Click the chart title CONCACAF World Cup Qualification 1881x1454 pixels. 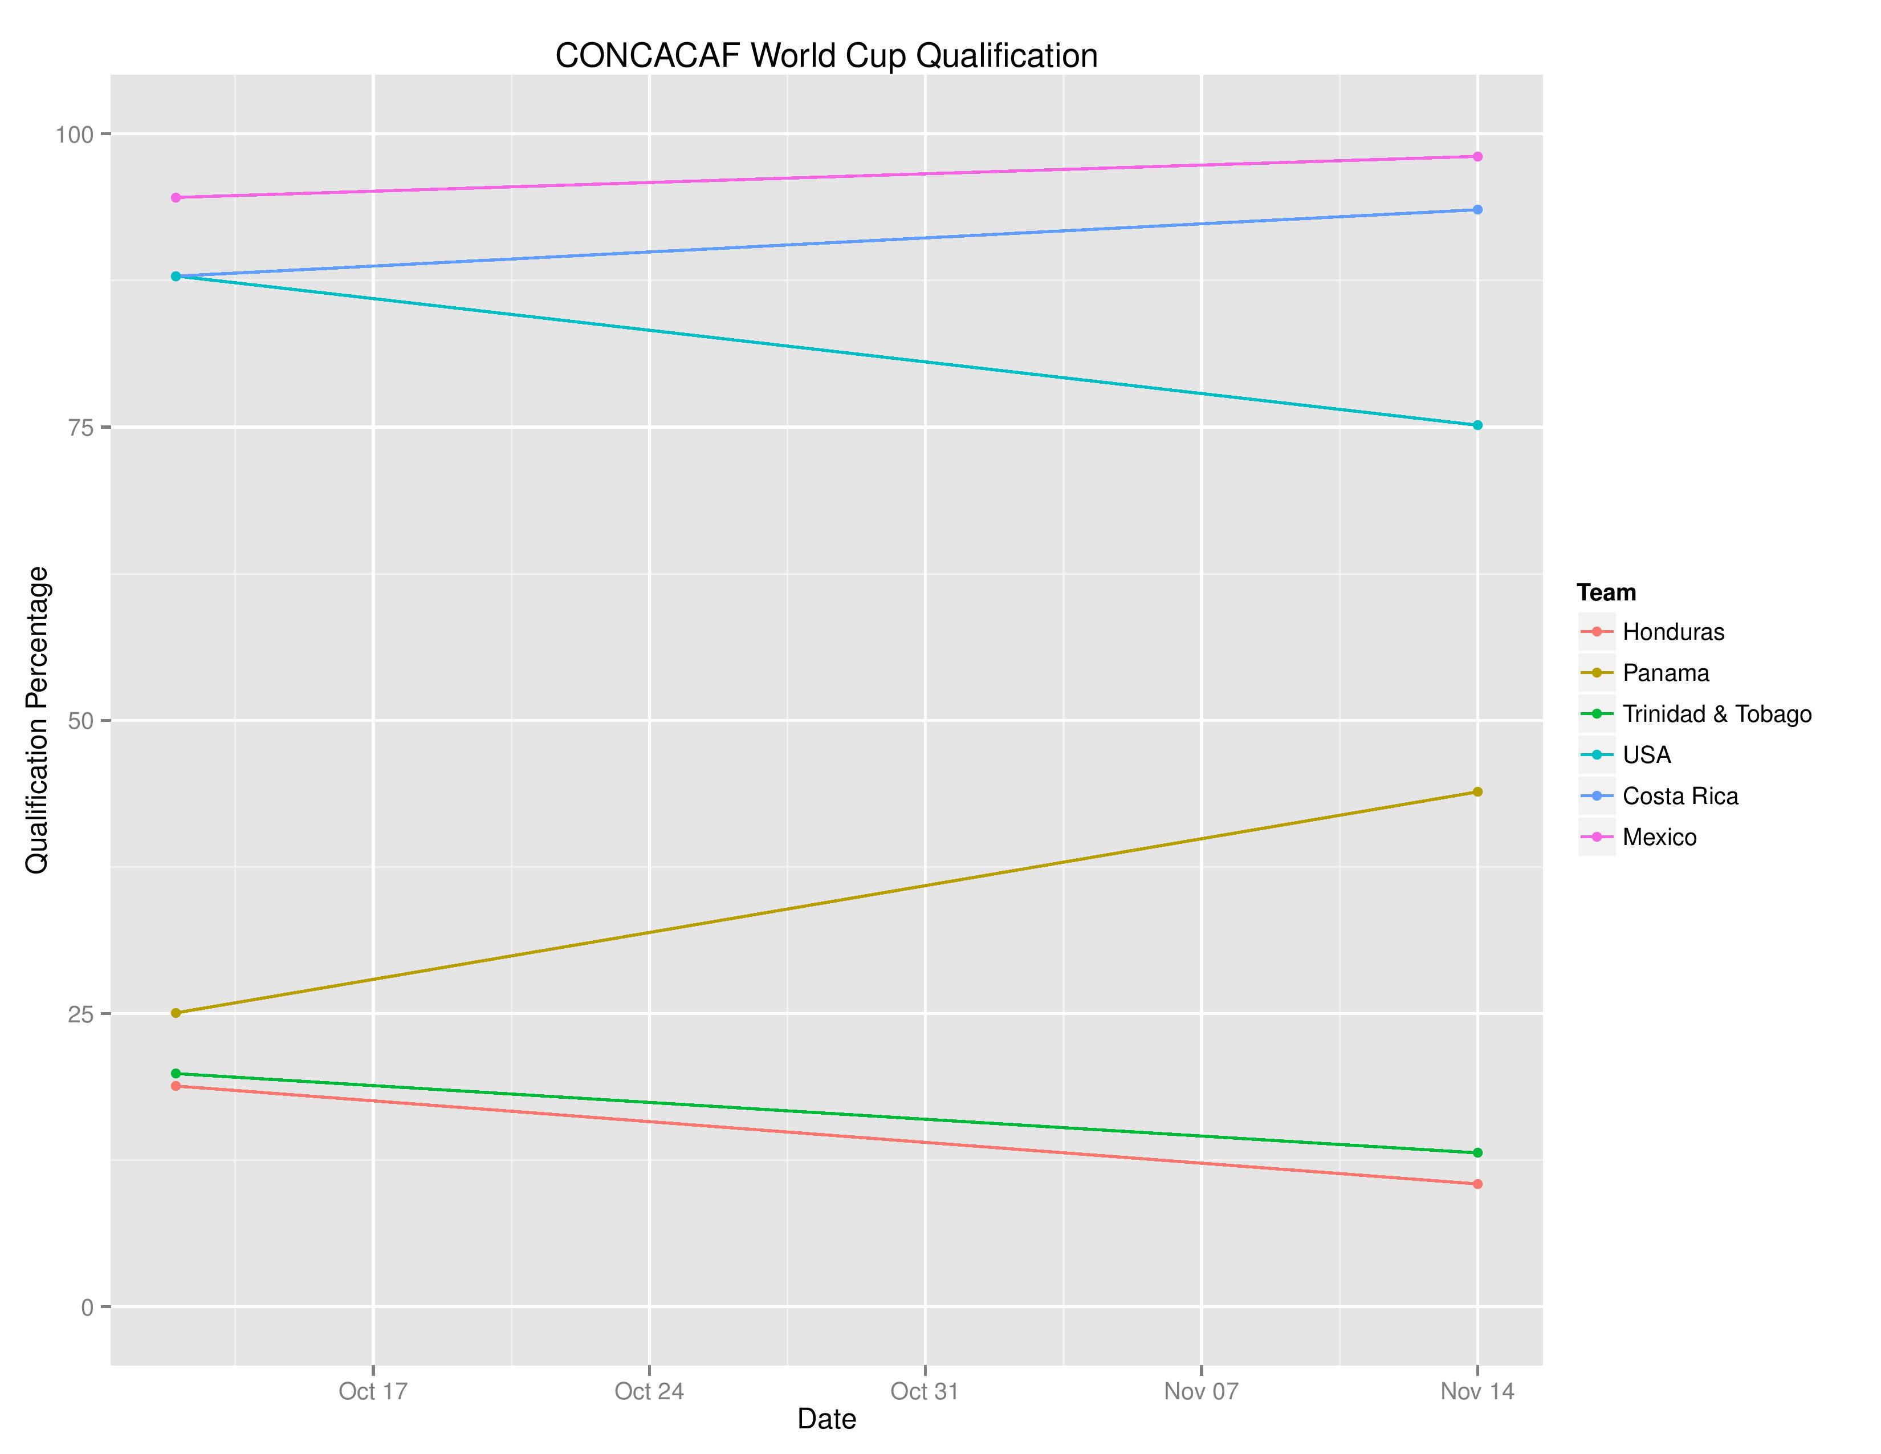[x=826, y=56]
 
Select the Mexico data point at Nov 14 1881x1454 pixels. [x=1477, y=157]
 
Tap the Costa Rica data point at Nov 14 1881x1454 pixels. [x=1477, y=209]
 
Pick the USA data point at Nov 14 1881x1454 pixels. [x=1477, y=425]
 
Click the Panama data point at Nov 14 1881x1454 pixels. [x=1477, y=791]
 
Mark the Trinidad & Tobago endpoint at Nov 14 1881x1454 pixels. [x=1477, y=1152]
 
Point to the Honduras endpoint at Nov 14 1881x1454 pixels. [x=1477, y=1184]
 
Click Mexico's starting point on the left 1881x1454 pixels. [x=176, y=197]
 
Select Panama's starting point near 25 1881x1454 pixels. [x=176, y=1013]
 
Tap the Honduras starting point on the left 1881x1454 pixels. [x=176, y=1086]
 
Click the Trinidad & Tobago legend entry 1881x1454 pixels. [x=1716, y=714]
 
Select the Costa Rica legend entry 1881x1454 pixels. [x=1679, y=796]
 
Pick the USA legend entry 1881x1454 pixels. [x=1646, y=754]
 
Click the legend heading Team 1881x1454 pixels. [x=1605, y=592]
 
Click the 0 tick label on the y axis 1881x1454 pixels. [x=87, y=1307]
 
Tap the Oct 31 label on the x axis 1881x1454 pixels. [x=924, y=1391]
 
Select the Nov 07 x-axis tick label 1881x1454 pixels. [x=1200, y=1391]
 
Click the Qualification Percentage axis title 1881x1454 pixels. [x=37, y=720]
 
